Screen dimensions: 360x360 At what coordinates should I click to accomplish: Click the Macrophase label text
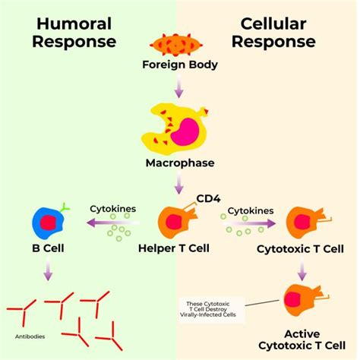pos(180,163)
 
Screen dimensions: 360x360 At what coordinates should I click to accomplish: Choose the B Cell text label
pos(47,248)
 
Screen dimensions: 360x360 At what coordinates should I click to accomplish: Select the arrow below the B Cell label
pos(47,271)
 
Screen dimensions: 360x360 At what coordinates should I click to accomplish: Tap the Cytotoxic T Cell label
pos(302,248)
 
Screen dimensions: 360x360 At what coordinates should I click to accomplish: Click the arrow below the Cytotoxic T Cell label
pos(302,270)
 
